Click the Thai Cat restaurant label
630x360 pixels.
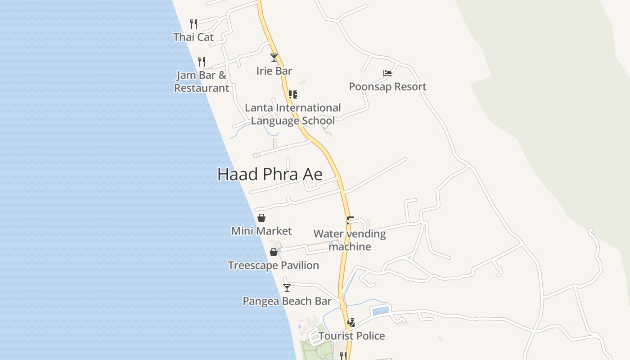(x=193, y=37)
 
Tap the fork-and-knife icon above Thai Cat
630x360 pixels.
(x=193, y=23)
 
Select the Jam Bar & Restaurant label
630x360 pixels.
(x=202, y=81)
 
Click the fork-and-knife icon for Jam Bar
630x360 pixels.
(x=202, y=61)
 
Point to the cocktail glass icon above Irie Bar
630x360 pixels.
(x=274, y=57)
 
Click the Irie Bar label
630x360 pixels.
(x=274, y=71)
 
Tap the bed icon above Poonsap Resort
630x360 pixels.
(x=387, y=73)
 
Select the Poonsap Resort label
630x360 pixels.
(x=387, y=86)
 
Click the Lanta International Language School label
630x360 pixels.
(x=292, y=114)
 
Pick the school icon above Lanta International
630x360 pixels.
(x=293, y=94)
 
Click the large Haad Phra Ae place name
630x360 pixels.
(x=270, y=174)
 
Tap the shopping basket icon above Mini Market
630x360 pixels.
(x=261, y=218)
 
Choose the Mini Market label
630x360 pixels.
(x=261, y=231)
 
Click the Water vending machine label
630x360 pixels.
(x=350, y=240)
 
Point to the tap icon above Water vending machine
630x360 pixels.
(x=350, y=220)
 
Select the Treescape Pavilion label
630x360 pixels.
(x=273, y=265)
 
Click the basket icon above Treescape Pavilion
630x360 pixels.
(x=273, y=252)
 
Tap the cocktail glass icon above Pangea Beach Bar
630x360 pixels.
(x=287, y=288)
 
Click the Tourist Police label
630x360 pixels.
(x=351, y=336)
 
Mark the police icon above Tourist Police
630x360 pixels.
(x=351, y=322)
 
